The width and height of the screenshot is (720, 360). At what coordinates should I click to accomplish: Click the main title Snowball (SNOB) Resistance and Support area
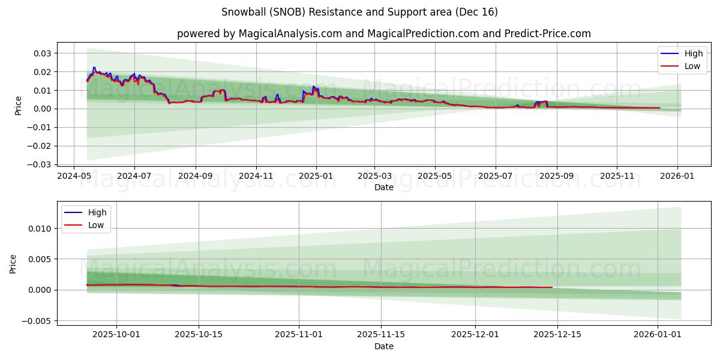(x=359, y=12)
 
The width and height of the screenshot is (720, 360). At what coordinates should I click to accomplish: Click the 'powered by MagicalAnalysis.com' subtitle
(x=383, y=34)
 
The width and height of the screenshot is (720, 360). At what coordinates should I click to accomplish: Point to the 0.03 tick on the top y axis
(x=42, y=53)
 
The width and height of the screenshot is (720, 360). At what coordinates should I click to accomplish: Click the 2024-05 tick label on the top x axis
(x=74, y=176)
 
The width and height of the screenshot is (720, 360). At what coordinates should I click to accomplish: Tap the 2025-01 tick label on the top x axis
(x=316, y=176)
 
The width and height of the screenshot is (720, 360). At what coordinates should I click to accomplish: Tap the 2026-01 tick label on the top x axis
(x=677, y=176)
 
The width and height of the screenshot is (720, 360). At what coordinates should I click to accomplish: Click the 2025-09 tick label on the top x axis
(x=556, y=176)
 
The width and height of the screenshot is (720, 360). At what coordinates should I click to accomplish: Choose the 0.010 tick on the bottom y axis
(x=40, y=229)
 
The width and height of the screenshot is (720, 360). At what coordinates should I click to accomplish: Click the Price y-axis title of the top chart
(x=19, y=105)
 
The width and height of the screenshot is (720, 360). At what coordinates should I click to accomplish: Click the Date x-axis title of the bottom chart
(x=383, y=346)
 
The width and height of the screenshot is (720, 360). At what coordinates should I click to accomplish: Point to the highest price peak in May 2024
(x=94, y=68)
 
